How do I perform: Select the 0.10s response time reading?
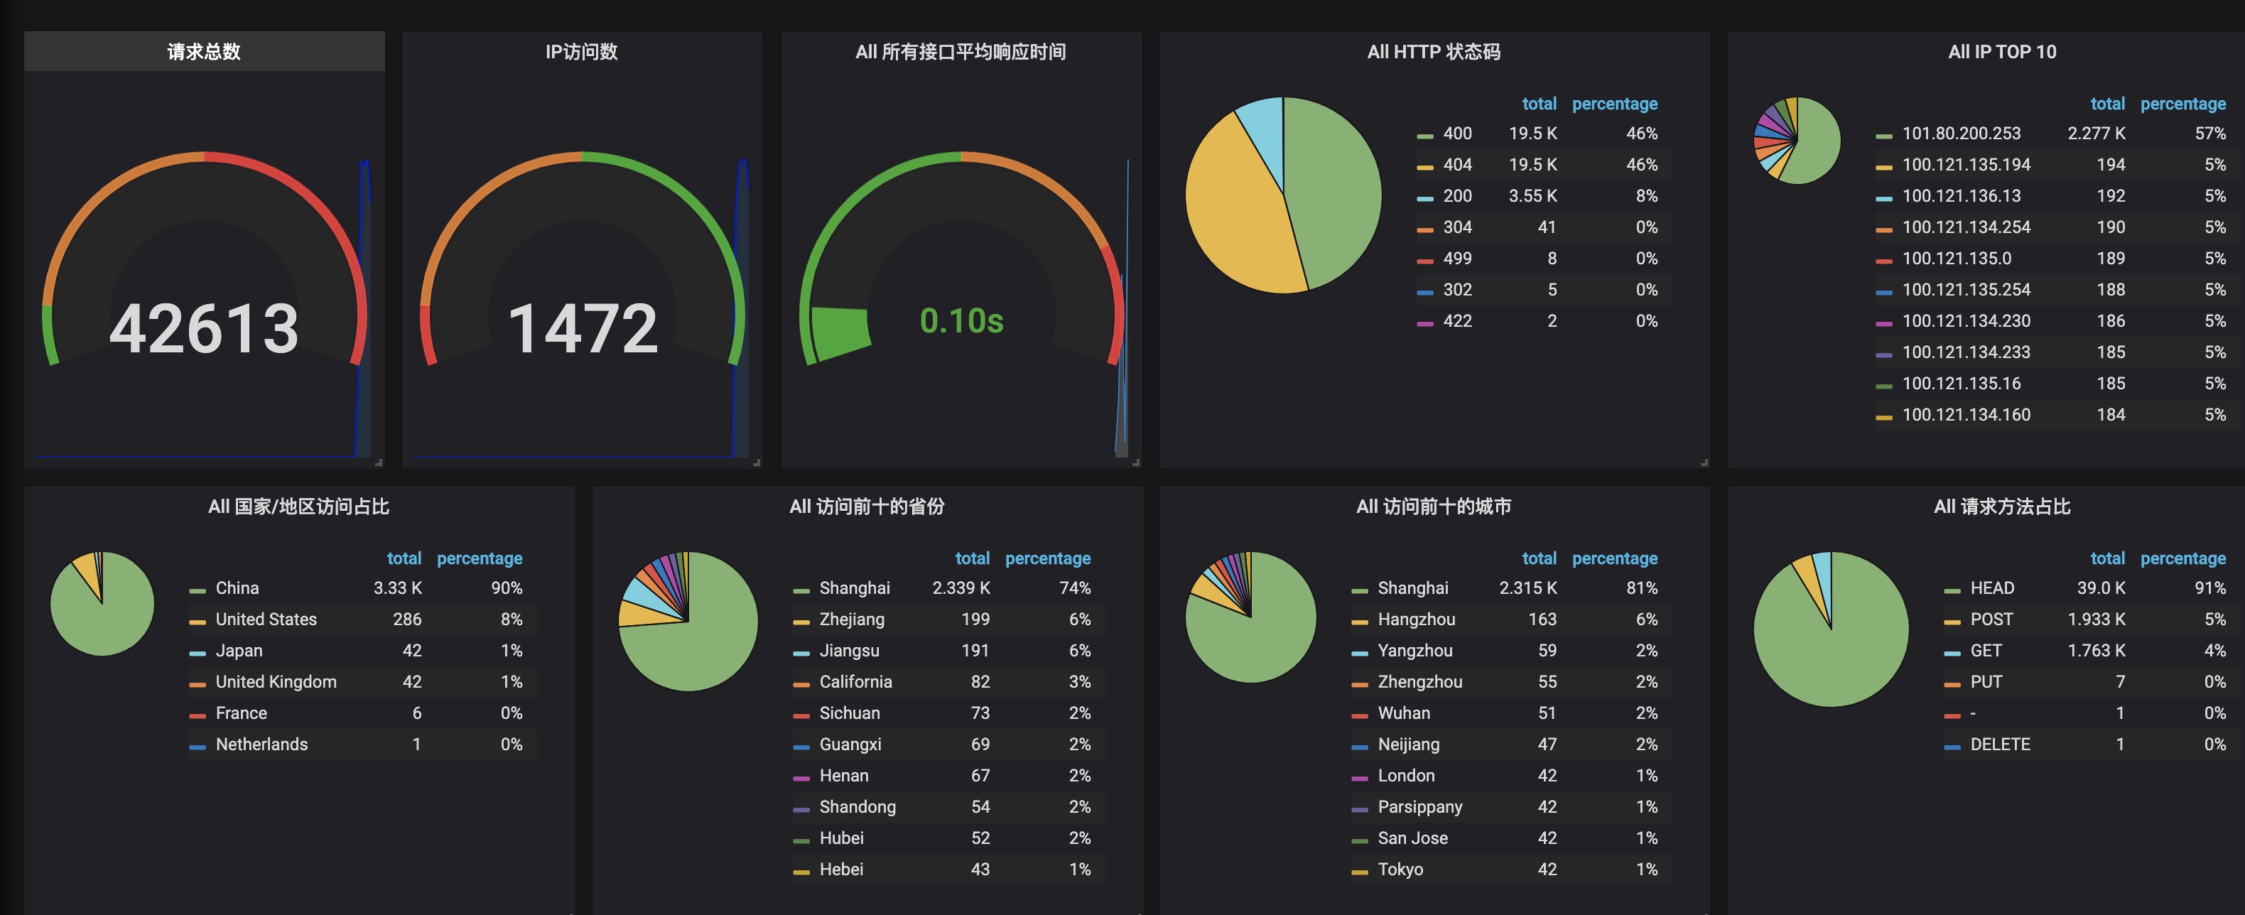[961, 320]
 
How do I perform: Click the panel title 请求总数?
[204, 51]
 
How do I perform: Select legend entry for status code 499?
[1456, 259]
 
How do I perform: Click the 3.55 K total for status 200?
[1532, 196]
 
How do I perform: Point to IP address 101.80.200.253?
[1961, 134]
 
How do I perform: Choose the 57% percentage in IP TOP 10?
[2209, 134]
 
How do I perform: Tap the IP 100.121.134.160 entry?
[1965, 415]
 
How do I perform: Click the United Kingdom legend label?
[276, 681]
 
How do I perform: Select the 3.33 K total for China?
[397, 588]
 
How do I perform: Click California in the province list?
[855, 681]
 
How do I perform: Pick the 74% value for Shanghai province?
[1075, 588]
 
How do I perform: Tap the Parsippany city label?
[1419, 807]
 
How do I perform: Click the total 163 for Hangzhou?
[1542, 619]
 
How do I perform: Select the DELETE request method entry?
[1999, 745]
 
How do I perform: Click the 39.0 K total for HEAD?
[2100, 588]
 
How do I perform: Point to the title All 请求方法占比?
[2001, 507]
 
